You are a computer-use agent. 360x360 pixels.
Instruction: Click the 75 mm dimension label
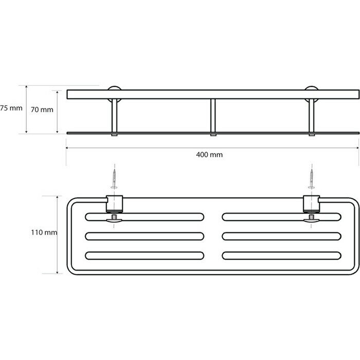11,109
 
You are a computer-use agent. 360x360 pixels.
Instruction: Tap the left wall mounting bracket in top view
114,205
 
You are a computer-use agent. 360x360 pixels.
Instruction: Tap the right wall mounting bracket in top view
311,205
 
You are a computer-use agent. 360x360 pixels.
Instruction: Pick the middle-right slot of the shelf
281,236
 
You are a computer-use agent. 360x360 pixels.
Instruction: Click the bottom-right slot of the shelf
281,255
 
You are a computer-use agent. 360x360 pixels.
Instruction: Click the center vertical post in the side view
213,115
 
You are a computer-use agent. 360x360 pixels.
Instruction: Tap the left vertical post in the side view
114,115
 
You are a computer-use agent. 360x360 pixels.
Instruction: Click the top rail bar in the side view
212,94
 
